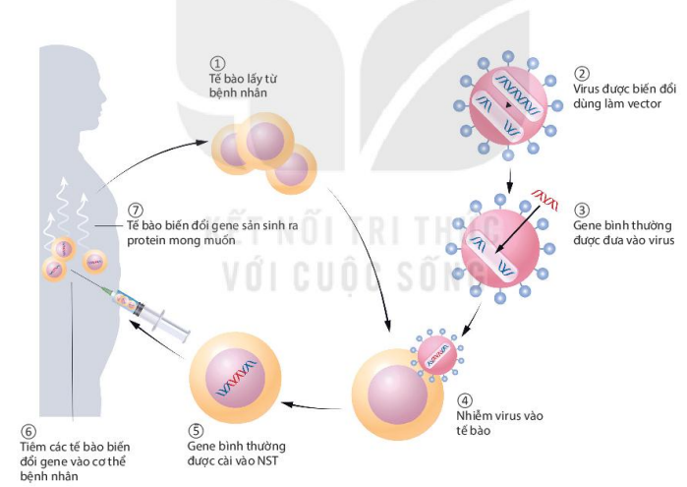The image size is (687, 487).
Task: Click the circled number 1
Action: (x=218, y=64)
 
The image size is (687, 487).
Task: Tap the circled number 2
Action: (x=582, y=74)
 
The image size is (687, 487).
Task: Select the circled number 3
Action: (x=582, y=211)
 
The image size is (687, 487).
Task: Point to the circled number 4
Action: (x=465, y=400)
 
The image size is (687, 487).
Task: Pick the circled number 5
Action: (x=196, y=431)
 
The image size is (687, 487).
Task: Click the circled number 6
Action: (x=29, y=432)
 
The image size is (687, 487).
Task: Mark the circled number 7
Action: (x=136, y=211)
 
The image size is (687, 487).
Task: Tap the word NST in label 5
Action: (x=267, y=461)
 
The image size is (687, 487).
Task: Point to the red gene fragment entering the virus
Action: (x=544, y=200)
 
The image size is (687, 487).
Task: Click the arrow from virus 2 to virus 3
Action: (x=509, y=181)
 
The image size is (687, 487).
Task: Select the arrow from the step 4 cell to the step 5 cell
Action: (x=312, y=406)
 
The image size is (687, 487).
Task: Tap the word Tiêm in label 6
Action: (x=32, y=447)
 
